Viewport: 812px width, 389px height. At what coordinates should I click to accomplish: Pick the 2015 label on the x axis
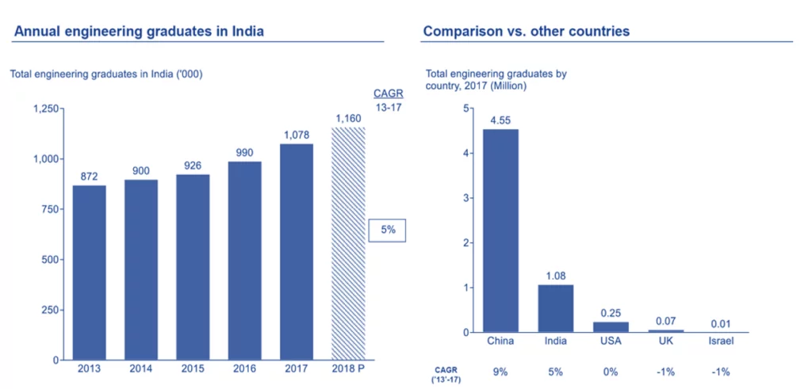point(193,368)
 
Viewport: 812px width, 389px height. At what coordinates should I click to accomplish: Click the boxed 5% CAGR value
point(387,231)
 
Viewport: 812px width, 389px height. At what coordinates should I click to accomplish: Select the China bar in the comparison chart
point(500,231)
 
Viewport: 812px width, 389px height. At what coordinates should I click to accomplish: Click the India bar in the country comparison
point(555,308)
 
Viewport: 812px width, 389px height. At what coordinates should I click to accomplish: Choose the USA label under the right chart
point(610,341)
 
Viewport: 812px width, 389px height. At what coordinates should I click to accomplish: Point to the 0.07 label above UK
point(665,320)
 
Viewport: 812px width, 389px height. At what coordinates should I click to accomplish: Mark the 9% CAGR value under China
point(500,371)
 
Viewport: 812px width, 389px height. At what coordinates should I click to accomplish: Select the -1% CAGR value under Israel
point(720,371)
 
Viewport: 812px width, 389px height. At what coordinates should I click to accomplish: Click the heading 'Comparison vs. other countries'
point(527,32)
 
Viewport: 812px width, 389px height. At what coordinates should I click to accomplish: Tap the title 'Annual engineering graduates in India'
point(139,32)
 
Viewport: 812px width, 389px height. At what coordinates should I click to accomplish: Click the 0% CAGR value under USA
point(610,371)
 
